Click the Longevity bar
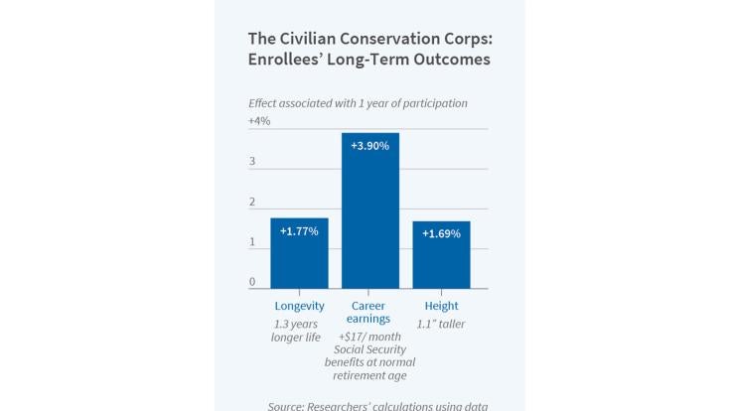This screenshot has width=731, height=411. tap(299, 253)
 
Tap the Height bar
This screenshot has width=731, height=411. tap(441, 255)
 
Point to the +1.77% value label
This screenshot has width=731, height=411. tap(299, 230)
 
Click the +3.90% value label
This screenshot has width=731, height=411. tap(370, 145)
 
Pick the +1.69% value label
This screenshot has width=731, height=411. tap(441, 233)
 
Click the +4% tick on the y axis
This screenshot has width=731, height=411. tap(259, 121)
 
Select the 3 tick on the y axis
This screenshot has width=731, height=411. tap(252, 161)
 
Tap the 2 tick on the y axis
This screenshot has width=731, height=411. tap(252, 202)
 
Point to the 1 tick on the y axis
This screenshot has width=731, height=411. tap(252, 242)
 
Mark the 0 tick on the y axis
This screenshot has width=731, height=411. tap(252, 282)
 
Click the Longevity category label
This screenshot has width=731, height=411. tap(299, 306)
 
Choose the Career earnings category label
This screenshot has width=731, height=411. tap(370, 313)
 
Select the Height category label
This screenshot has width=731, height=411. tap(441, 306)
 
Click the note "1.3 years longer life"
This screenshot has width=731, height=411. tap(299, 332)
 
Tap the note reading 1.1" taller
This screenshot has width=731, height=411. tap(441, 324)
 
